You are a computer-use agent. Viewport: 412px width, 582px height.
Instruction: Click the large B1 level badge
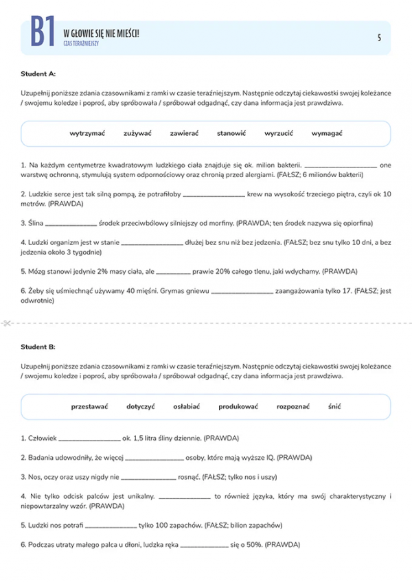[42, 32]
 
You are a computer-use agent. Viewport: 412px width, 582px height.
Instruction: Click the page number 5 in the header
[379, 38]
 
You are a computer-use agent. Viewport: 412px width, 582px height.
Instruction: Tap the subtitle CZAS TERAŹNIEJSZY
[81, 43]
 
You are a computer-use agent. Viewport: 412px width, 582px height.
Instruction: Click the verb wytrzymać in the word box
[87, 133]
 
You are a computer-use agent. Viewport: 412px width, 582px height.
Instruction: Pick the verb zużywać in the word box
[137, 133]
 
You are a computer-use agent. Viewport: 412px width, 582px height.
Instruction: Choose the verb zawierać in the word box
[184, 133]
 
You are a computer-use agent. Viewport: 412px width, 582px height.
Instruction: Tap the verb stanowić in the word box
[231, 133]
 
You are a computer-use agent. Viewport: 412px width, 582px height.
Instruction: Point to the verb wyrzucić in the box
[279, 133]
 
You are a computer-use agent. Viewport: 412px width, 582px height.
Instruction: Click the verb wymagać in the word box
[327, 133]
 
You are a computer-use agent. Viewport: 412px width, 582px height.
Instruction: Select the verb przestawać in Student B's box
[89, 406]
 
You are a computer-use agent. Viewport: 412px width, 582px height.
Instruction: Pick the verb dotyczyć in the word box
[141, 406]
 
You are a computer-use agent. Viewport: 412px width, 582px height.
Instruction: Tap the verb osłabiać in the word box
[186, 406]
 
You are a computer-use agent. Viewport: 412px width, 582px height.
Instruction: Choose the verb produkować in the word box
[238, 406]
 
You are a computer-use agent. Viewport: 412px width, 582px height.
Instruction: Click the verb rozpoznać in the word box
[293, 406]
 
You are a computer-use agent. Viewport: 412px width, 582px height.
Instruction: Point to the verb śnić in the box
[334, 406]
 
